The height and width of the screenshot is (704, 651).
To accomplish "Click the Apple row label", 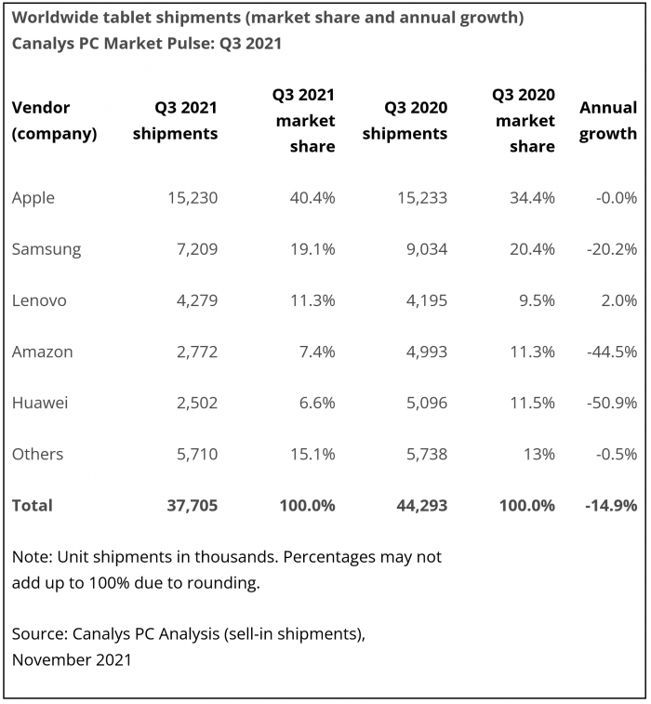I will tap(33, 198).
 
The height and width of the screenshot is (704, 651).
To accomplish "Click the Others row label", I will tap(37, 454).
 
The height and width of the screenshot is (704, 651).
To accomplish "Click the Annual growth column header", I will tap(608, 121).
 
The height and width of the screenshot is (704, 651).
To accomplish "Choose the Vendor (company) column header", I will tap(54, 121).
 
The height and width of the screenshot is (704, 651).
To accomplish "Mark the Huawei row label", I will tap(40, 403).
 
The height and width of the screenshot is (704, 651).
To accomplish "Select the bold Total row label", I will tap(33, 506).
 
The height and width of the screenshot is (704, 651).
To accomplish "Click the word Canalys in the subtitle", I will tap(43, 44).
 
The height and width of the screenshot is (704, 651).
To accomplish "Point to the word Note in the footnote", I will tap(31, 557).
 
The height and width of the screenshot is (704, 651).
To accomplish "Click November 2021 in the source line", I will tap(72, 660).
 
